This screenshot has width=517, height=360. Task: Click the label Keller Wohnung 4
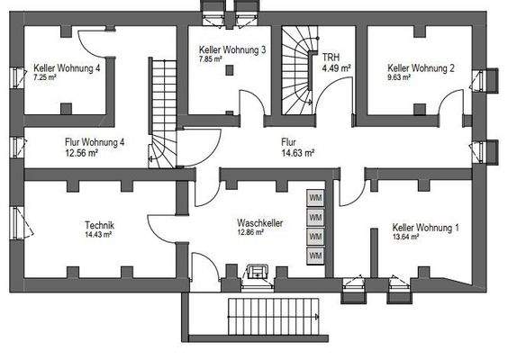pos(67,68)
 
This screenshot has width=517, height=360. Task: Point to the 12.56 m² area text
pos(82,152)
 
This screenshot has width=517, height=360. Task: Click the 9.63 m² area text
pos(399,77)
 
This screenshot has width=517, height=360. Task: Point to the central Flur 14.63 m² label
pos(296,147)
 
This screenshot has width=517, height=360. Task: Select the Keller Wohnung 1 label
pos(425,228)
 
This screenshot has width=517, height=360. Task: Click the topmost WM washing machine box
pos(315,197)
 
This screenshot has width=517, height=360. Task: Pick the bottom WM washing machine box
pos(315,256)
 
